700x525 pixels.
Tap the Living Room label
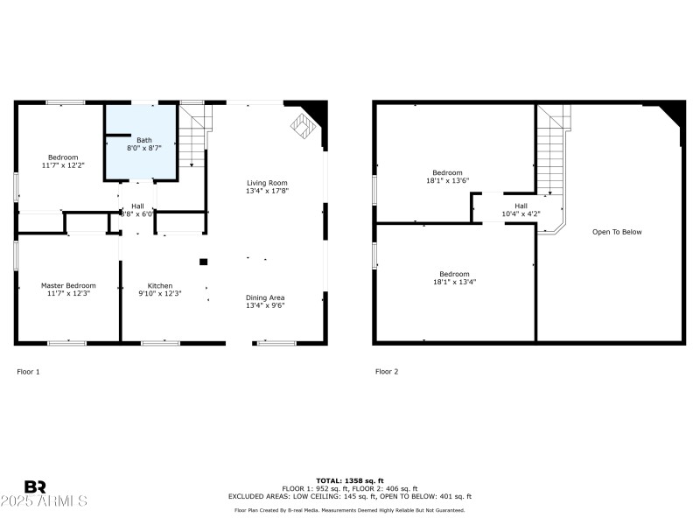[267, 181]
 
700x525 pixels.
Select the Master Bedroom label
[68, 285]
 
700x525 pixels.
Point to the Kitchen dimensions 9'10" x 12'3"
[159, 294]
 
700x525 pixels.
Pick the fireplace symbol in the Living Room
[302, 127]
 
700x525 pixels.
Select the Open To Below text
[617, 232]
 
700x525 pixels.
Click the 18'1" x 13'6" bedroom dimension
[447, 181]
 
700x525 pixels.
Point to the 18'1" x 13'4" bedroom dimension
[454, 282]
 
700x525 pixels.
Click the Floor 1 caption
[29, 372]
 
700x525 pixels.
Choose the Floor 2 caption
[387, 372]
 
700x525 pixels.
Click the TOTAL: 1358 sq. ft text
[350, 480]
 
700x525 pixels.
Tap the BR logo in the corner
[35, 486]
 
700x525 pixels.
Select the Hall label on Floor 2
[521, 206]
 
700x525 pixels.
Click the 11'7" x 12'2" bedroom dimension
[63, 165]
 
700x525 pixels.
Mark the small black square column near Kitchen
[203, 261]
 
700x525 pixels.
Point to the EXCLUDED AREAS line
[350, 496]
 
